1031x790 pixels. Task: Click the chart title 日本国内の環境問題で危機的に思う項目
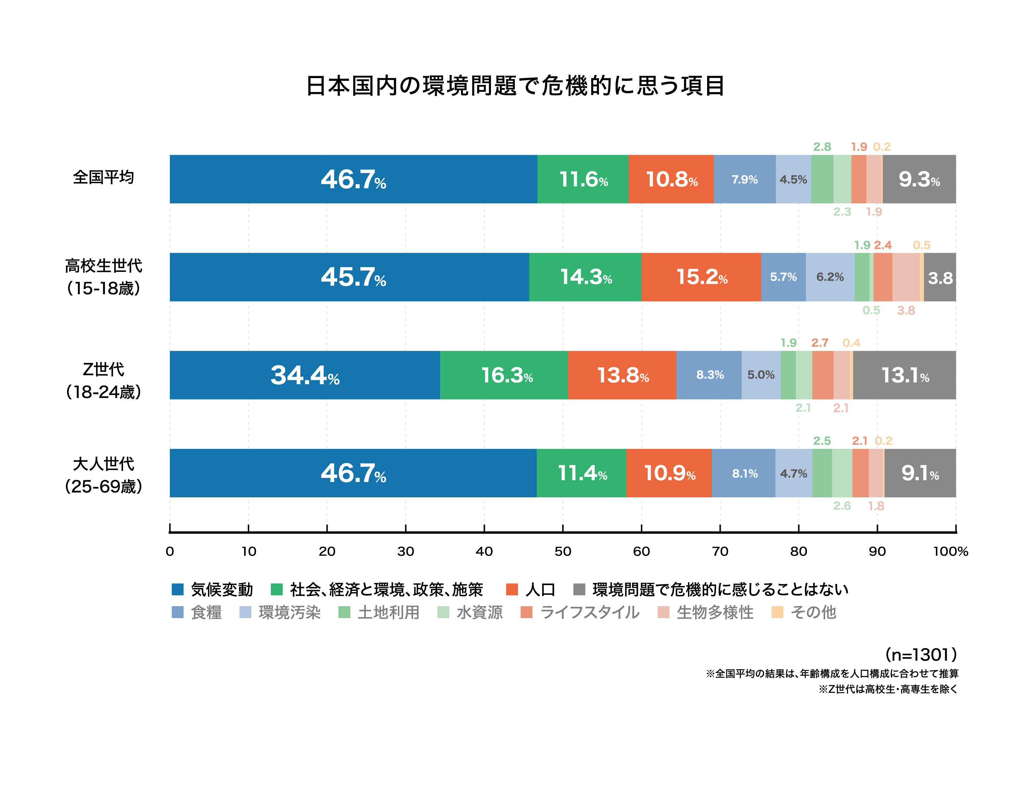515,86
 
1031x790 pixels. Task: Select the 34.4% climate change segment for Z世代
304,375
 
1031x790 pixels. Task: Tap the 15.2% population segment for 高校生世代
701,277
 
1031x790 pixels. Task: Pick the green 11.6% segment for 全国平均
582,179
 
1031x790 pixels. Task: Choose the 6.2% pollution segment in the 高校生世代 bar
830,277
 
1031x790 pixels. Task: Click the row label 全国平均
103,177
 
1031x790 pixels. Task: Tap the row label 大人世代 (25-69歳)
103,475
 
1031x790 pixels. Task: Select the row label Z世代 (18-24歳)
103,380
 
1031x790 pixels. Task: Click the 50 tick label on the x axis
563,552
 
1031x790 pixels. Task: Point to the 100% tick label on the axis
950,552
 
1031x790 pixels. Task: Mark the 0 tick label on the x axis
170,552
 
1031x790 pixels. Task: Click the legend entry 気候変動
221,589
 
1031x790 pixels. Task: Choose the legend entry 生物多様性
714,612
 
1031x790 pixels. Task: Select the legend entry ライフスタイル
589,612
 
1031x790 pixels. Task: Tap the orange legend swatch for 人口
512,589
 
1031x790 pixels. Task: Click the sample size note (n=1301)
921,655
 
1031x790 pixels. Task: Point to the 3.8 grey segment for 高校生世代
939,277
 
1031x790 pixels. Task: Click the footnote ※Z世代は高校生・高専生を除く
888,689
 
